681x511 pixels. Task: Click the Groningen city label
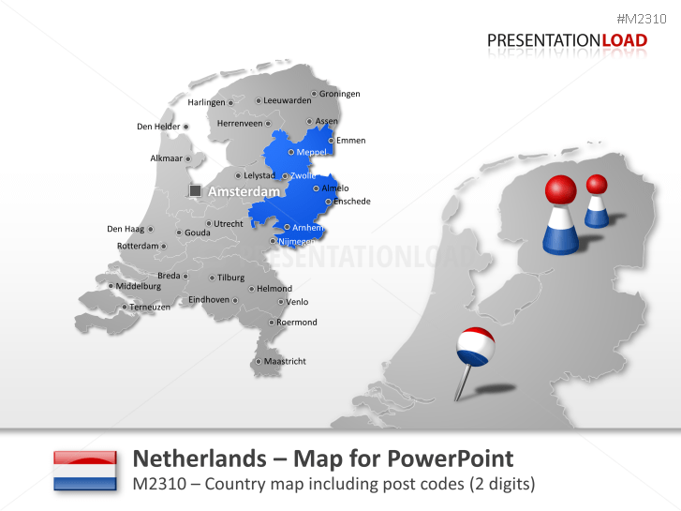click(x=339, y=94)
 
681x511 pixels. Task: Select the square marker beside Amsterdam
click(x=195, y=190)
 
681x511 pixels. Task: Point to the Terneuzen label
click(x=150, y=307)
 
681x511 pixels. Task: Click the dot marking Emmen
click(x=331, y=141)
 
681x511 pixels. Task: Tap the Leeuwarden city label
click(x=287, y=100)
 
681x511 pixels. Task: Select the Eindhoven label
click(x=209, y=299)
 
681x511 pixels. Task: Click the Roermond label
click(x=296, y=323)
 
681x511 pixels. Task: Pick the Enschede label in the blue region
click(x=352, y=202)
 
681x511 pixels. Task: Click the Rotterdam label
click(x=138, y=246)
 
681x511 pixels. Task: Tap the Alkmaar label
click(x=166, y=158)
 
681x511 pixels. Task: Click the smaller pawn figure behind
click(x=596, y=202)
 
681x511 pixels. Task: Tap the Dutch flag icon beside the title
click(x=85, y=471)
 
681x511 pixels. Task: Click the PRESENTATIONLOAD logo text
click(x=567, y=39)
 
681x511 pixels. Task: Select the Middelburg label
click(x=139, y=286)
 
